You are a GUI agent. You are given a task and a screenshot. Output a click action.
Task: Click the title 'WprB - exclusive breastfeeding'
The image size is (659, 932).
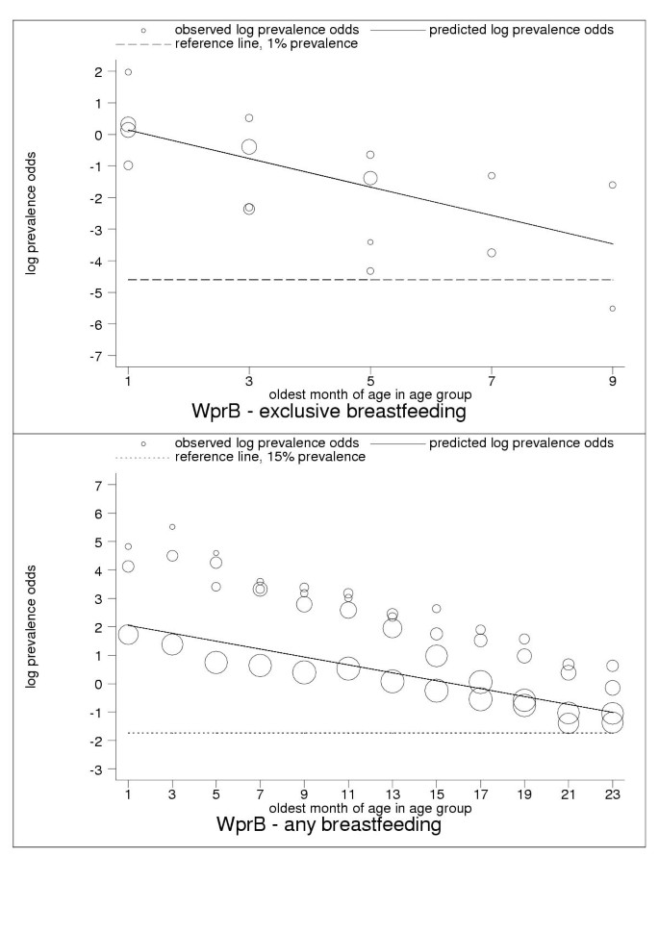[328, 414]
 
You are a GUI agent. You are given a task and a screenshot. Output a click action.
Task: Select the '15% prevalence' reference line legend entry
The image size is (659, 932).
[270, 457]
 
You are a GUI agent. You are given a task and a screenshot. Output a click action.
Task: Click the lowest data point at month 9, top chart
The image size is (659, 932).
[613, 309]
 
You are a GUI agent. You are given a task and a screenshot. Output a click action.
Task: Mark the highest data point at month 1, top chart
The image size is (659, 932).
[128, 72]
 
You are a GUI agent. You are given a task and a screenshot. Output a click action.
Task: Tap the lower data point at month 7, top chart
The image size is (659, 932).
[492, 253]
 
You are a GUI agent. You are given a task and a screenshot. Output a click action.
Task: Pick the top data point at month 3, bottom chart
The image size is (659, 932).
[172, 527]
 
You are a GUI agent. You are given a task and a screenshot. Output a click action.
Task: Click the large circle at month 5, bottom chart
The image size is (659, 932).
[215, 663]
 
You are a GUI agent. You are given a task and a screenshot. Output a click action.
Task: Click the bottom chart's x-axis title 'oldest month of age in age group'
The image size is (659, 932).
[370, 809]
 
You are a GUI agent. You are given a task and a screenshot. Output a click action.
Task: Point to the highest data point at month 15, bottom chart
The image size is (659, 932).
[436, 609]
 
